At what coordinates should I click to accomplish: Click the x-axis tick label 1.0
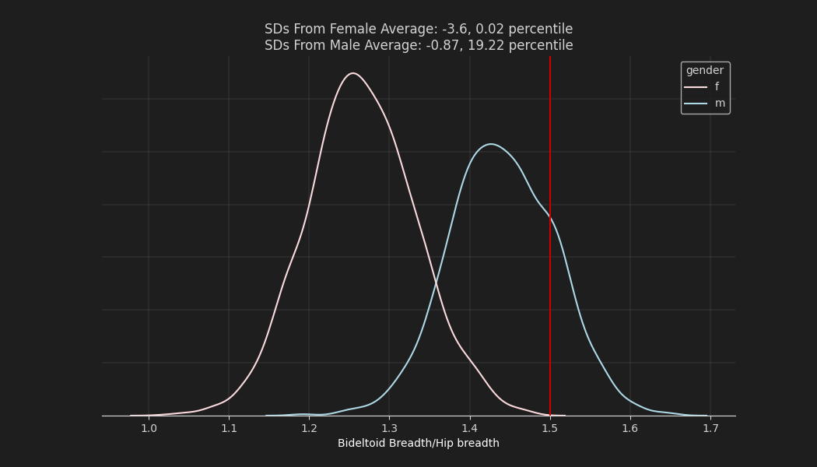[x=149, y=428]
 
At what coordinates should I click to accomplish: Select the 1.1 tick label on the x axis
[x=229, y=428]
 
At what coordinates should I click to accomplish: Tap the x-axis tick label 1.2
[x=309, y=428]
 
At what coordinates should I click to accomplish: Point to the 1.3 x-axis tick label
[x=389, y=428]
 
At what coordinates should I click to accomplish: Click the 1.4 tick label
[x=469, y=428]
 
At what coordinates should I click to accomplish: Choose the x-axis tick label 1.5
[x=550, y=428]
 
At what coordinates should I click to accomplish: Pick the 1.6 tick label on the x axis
[x=630, y=428]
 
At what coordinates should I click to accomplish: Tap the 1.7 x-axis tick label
[x=710, y=428]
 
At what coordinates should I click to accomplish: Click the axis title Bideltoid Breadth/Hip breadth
[x=419, y=444]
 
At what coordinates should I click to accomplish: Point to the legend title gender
[x=705, y=71]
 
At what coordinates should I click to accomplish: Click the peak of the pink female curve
[x=353, y=73]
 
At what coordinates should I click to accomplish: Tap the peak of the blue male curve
[x=490, y=144]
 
